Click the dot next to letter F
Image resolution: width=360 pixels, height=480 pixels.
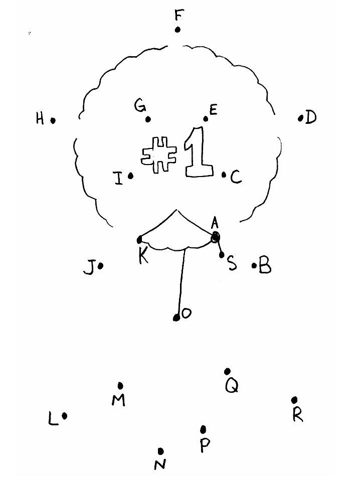point(177,30)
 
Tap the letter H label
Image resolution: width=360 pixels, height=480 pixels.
point(40,118)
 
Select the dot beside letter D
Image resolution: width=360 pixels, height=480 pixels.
point(301,118)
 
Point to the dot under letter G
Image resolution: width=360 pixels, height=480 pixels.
point(148,119)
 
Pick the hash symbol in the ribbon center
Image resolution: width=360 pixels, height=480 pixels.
point(159,155)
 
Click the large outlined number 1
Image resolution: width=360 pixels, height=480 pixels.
point(199,152)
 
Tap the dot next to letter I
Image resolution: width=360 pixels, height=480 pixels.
point(131,176)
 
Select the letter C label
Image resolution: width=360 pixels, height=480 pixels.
point(236,177)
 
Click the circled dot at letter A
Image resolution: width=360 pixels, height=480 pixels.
point(216,237)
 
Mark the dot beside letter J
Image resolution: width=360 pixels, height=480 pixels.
point(100,266)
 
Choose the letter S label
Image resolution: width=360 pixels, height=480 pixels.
point(232,263)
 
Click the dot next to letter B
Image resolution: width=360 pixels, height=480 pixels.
point(254,266)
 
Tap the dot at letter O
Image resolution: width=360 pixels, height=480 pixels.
point(176,318)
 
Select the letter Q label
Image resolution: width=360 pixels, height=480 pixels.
point(232,385)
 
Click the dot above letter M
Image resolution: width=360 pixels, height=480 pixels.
point(121,385)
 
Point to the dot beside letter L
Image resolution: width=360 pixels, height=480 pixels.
point(64,416)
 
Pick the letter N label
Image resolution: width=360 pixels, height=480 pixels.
point(160,464)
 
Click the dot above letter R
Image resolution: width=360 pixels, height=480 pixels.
point(294,400)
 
